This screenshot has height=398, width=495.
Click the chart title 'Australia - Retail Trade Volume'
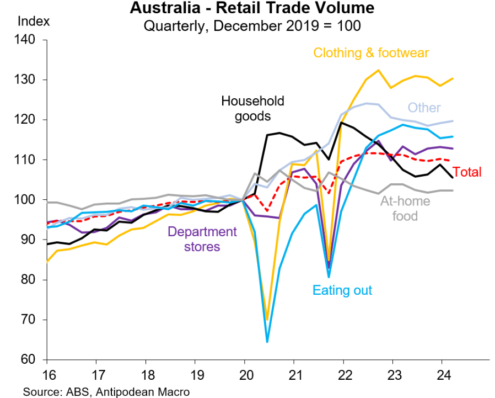pos(252,9)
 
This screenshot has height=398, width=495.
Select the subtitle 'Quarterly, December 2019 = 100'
pos(252,25)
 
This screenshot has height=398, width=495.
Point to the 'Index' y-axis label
pos(34,22)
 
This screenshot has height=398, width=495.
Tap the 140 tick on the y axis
pos(25,40)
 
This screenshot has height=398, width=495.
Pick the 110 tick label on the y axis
pos(25,160)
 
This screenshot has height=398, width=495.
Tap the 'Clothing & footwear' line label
pos(371,53)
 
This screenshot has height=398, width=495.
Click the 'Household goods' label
pos(252,108)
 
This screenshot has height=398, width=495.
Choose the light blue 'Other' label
pos(424,107)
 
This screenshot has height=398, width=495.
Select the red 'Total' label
pos(467,172)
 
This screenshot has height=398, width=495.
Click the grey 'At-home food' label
pos(405,208)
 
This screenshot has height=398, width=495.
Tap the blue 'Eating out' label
pos(342,290)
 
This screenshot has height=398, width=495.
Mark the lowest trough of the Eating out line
pos(267,342)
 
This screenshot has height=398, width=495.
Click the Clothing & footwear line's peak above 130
pos(378,70)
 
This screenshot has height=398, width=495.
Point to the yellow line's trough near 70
pos(267,320)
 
